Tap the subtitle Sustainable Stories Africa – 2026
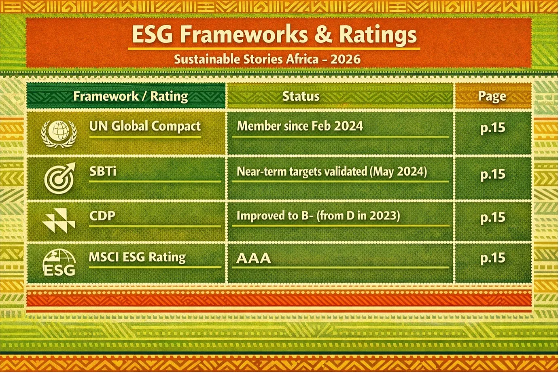[267, 59]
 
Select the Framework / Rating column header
[131, 96]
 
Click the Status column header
[301, 96]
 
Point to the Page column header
[492, 97]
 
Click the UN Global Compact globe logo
[59, 134]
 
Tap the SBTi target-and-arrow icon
[60, 178]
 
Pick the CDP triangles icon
[59, 220]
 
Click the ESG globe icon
[59, 263]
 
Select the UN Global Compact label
[145, 126]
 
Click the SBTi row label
[103, 172]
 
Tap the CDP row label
[102, 216]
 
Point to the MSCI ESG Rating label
[137, 257]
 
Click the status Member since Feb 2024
[300, 126]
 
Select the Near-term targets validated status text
[332, 172]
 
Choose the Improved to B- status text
[318, 216]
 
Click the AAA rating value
[253, 258]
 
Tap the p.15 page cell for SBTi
[493, 174]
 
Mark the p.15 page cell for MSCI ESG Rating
[493, 258]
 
